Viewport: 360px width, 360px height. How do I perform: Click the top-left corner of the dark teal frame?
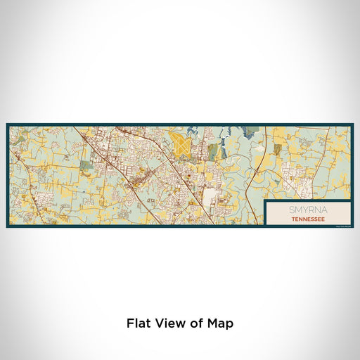tap(7, 124)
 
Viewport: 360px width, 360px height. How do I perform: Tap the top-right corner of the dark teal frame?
tap(352, 124)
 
